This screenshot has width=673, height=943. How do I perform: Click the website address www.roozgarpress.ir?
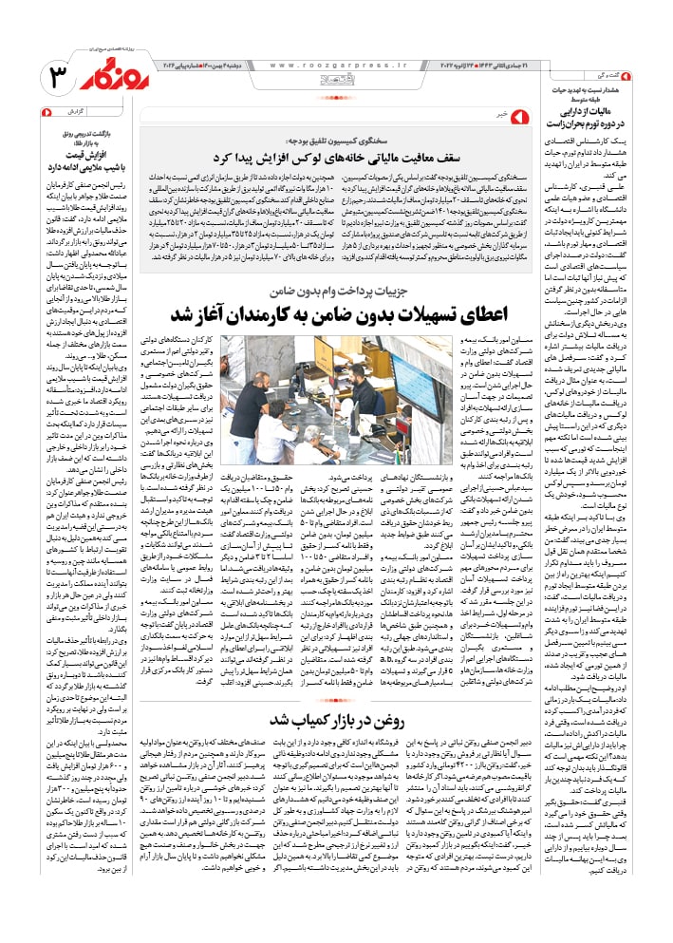click(x=336, y=66)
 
